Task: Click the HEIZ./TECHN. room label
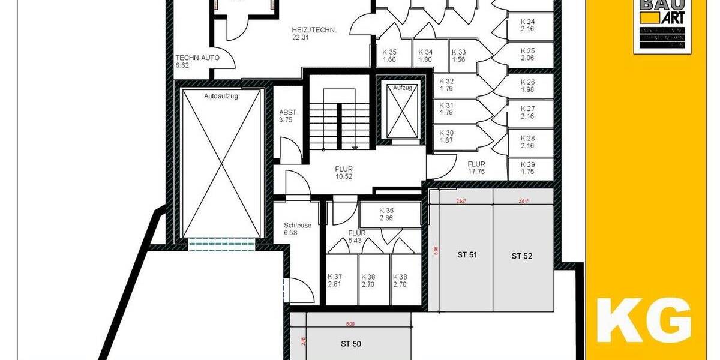[x=314, y=33]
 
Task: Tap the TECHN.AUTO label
[x=197, y=61]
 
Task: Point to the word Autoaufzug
[x=221, y=96]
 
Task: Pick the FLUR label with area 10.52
[x=344, y=172]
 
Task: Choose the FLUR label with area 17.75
[x=476, y=167]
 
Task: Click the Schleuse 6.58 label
[x=298, y=229]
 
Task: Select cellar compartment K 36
[x=386, y=214]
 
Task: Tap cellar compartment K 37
[x=334, y=280]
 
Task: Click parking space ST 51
[x=467, y=254]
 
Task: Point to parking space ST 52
[x=522, y=256]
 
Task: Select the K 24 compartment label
[x=528, y=25]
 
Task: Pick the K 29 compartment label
[x=528, y=167]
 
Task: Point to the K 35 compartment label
[x=389, y=55]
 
